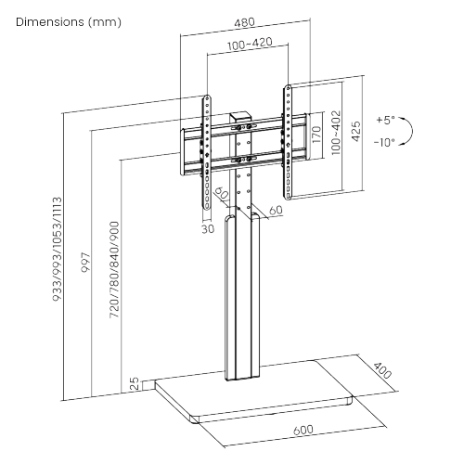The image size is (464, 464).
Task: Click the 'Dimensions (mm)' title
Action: tap(68, 21)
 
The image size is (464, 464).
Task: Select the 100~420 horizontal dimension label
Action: tap(246, 43)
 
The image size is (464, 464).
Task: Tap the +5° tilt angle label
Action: tap(385, 121)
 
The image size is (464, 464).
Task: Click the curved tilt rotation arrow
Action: tap(413, 131)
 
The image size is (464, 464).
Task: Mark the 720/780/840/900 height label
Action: tap(113, 270)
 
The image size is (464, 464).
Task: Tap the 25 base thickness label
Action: tap(135, 382)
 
